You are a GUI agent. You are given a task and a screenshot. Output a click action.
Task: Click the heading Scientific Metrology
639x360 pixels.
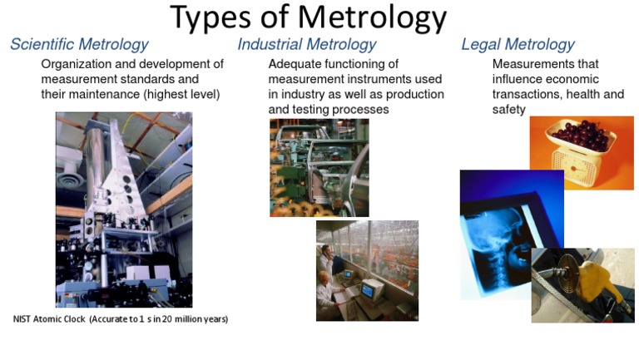coord(79,45)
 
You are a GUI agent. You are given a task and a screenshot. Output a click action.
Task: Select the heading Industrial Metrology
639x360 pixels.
coord(307,45)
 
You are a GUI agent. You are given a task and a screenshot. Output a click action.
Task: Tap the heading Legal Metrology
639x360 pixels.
coord(518,45)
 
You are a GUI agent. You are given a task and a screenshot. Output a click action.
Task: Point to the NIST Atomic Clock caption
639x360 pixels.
coord(121,319)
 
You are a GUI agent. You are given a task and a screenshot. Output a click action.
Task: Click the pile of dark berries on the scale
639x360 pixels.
coord(582,133)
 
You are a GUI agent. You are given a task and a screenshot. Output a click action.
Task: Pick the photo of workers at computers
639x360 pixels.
coord(367,270)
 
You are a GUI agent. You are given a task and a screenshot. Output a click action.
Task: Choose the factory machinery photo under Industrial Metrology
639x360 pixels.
coord(319,167)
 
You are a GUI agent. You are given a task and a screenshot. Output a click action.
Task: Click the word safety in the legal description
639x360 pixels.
coord(508,109)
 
